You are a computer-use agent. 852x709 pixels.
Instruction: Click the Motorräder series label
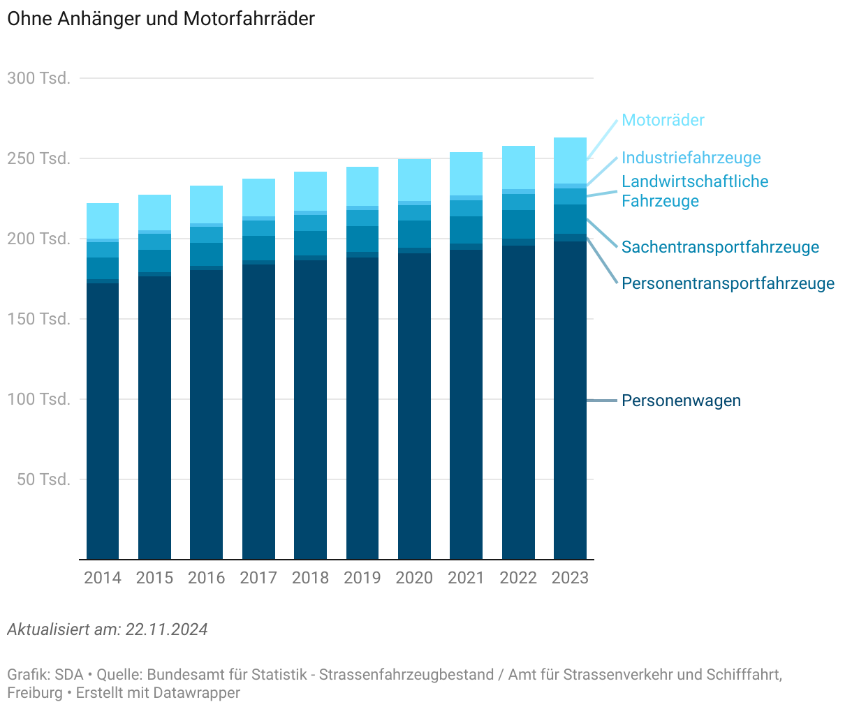click(x=663, y=120)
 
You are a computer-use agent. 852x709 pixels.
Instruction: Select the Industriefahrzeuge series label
click(x=691, y=158)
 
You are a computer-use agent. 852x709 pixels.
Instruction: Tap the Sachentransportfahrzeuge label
click(x=720, y=247)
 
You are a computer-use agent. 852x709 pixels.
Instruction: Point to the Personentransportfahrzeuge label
click(x=728, y=283)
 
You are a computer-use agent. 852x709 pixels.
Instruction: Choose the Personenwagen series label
click(x=681, y=401)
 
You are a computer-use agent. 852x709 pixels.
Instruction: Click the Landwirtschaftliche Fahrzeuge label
click(x=694, y=191)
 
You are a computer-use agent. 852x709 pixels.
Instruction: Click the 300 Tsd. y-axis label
click(x=39, y=78)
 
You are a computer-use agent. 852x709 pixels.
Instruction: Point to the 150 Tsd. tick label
click(x=39, y=319)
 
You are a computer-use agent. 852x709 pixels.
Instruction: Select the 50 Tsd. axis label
click(x=43, y=479)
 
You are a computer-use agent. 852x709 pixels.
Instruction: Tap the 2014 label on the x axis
click(x=103, y=578)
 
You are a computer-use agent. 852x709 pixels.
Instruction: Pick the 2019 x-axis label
click(x=362, y=578)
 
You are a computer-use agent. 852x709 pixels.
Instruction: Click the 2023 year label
click(x=570, y=578)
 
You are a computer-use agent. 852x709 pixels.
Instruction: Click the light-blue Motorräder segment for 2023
click(x=570, y=161)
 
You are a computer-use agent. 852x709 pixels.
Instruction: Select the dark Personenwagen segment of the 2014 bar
click(x=103, y=419)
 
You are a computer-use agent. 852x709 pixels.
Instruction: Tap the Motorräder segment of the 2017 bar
click(x=258, y=197)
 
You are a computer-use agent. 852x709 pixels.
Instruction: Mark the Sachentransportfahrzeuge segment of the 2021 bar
click(x=466, y=230)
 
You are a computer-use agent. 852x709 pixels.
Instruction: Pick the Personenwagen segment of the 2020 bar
click(x=414, y=405)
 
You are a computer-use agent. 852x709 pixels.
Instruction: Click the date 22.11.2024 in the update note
click(x=166, y=629)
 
